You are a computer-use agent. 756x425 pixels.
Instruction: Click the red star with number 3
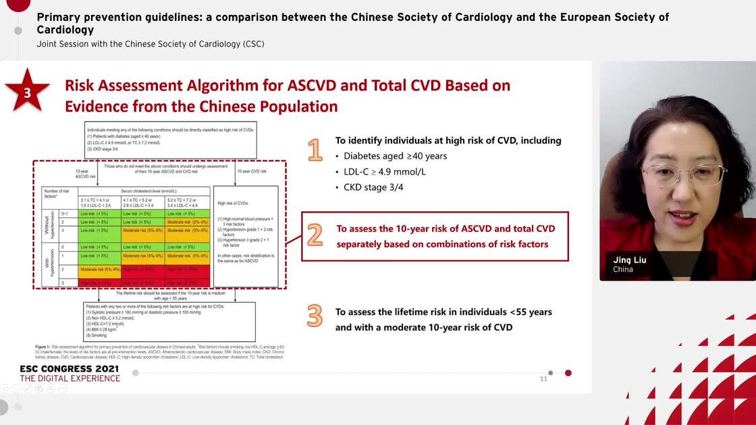pyautogui.click(x=27, y=92)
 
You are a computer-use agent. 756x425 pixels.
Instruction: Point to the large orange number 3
pyautogui.click(x=315, y=316)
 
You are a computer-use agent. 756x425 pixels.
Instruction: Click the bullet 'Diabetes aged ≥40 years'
pyautogui.click(x=395, y=156)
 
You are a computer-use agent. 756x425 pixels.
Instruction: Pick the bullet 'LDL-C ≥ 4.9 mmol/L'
pyautogui.click(x=385, y=171)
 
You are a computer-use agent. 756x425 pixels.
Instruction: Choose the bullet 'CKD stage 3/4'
pyautogui.click(x=373, y=187)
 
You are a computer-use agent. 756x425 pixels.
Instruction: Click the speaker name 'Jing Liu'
pyautogui.click(x=629, y=260)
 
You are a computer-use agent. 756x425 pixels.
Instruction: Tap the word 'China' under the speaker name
pyautogui.click(x=623, y=270)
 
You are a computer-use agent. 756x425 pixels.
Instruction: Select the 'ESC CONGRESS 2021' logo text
pyautogui.click(x=69, y=369)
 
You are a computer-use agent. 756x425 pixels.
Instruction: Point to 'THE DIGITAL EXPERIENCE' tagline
pyautogui.click(x=70, y=378)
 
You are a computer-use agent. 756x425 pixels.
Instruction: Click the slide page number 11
pyautogui.click(x=543, y=378)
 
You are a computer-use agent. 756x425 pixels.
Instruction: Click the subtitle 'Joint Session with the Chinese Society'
pyautogui.click(x=150, y=44)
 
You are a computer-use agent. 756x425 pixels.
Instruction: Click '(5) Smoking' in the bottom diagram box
pyautogui.click(x=97, y=335)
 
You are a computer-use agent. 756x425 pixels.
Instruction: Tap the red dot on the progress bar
pyautogui.click(x=568, y=372)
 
